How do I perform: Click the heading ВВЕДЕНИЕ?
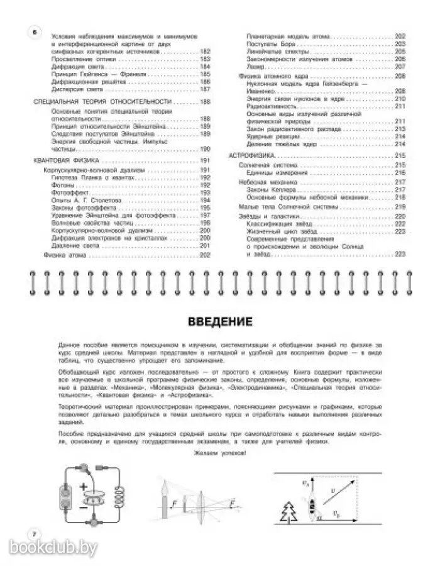pyautogui.click(x=220, y=323)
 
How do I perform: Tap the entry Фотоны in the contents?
pyautogui.click(x=62, y=186)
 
